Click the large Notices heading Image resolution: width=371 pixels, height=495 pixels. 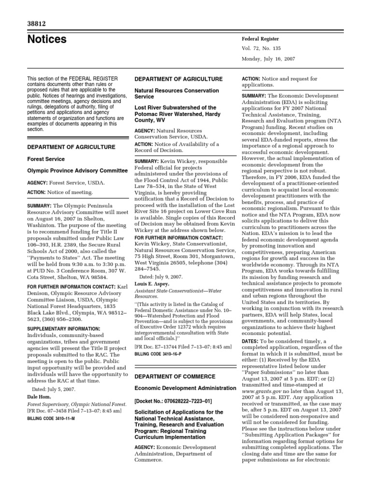pos(47,40)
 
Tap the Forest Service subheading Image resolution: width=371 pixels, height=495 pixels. pos(46,159)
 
